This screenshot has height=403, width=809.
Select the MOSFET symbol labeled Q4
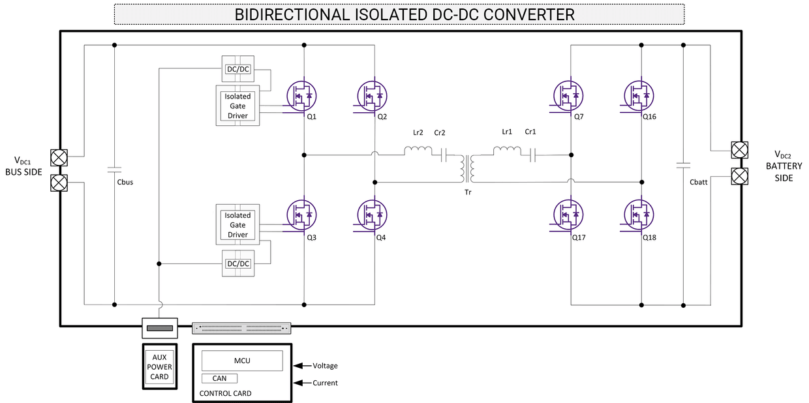point(372,215)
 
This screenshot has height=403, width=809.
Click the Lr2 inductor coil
point(418,151)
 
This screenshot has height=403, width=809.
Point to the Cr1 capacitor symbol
point(532,155)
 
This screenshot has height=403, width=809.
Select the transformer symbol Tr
point(468,169)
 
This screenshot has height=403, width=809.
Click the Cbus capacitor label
point(125,182)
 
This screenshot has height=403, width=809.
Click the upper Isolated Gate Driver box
point(237,106)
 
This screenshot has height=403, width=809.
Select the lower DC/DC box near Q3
point(237,263)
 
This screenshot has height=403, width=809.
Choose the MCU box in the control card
point(242,361)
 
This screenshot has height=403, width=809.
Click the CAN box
point(219,378)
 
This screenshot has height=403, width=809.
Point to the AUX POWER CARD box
point(159,367)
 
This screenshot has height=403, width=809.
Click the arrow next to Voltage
point(301,366)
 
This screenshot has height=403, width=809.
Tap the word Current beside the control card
point(325,383)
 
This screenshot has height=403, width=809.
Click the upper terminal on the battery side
point(739,151)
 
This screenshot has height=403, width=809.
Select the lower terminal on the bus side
point(59,182)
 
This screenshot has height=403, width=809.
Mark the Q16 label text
point(649,117)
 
